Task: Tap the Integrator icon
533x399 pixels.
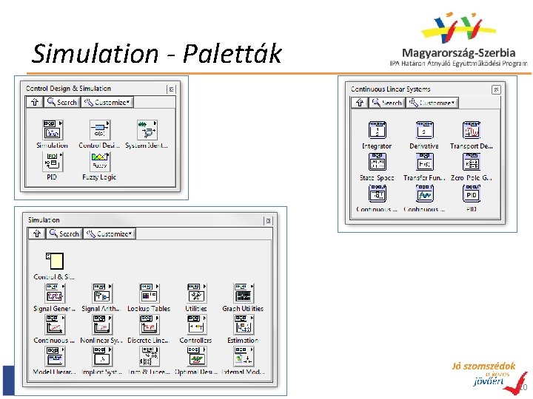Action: coord(377,130)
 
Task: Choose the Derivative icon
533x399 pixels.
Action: coord(424,130)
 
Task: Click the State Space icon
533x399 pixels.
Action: coord(377,162)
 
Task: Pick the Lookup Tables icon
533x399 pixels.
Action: coord(148,293)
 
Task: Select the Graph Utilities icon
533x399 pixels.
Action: coord(243,293)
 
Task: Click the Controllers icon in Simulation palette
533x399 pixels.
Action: coord(195,325)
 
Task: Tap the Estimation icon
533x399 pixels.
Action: coord(243,325)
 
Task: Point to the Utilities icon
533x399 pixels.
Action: coord(195,293)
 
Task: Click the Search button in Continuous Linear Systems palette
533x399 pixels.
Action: coord(387,103)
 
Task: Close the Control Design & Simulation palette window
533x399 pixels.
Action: coord(172,89)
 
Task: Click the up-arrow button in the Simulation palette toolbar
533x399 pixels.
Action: coord(36,233)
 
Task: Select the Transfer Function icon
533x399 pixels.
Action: coord(424,162)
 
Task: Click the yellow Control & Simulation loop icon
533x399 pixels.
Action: coord(54,261)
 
